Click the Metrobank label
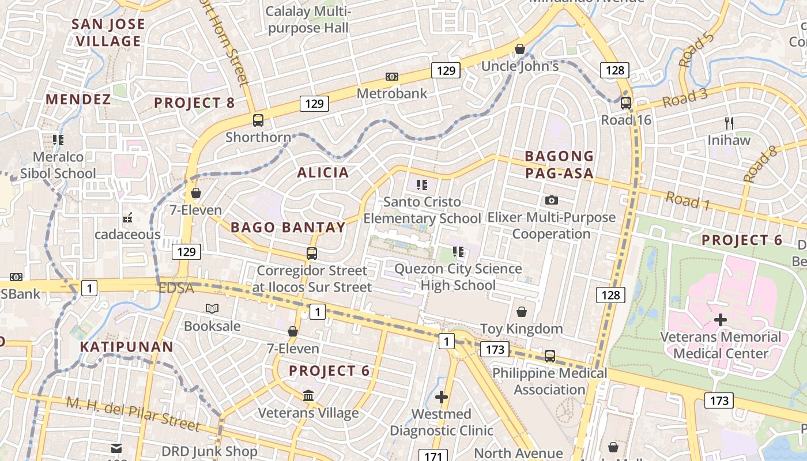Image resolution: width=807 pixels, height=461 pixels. click(392, 93)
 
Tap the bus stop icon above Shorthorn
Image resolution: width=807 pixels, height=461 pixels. click(258, 120)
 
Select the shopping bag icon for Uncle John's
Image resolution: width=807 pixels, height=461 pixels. click(520, 49)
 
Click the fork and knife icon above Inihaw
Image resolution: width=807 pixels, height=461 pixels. click(729, 123)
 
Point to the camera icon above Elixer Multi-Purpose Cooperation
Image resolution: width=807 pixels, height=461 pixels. click(552, 200)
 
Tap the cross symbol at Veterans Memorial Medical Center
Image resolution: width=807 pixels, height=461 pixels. click(720, 320)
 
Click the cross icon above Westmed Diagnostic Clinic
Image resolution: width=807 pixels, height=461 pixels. click(442, 397)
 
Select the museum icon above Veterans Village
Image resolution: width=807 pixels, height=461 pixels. click(308, 396)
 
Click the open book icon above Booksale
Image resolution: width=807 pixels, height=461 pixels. click(212, 309)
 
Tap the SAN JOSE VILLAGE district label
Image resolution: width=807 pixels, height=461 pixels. click(108, 33)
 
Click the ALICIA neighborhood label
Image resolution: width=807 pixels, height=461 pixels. click(323, 172)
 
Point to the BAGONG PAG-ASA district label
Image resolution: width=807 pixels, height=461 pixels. click(559, 165)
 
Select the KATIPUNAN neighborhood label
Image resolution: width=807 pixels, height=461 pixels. click(126, 347)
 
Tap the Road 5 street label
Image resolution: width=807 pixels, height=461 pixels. click(696, 50)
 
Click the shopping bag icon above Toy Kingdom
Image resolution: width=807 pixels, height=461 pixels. click(522, 312)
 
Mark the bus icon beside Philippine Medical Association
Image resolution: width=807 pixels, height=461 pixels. click(550, 356)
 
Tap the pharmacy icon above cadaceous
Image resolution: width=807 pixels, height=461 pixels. click(127, 218)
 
